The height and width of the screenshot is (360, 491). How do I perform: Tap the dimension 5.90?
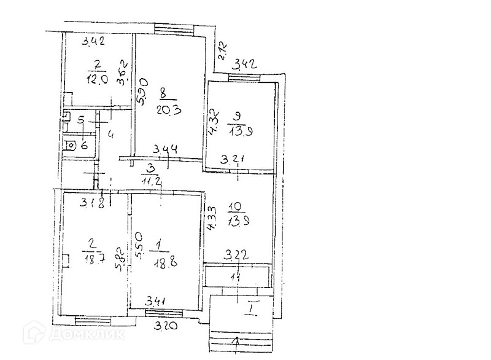coord(142,92)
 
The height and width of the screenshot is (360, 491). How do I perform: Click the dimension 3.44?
coord(166,148)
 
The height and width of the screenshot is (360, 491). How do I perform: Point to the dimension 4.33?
coord(212,218)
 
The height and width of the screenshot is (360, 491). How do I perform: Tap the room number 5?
coord(81,121)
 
